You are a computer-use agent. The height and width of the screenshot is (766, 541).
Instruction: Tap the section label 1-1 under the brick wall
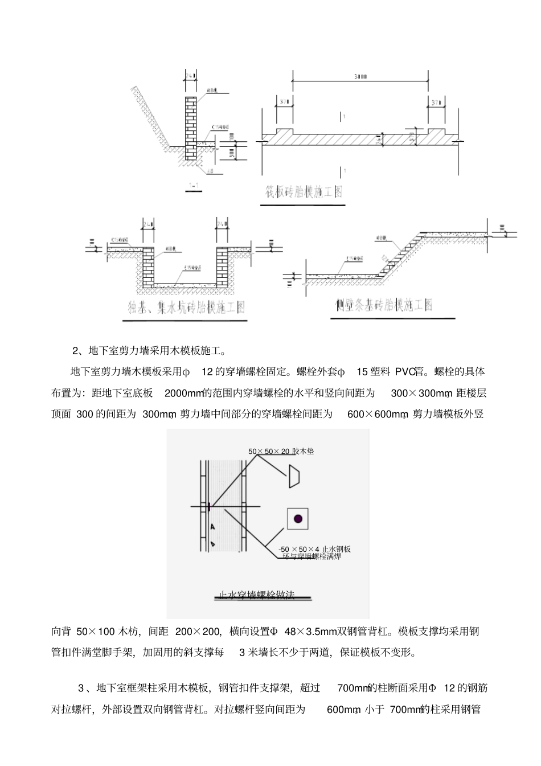194,186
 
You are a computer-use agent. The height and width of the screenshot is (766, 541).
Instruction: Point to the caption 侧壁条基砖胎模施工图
384,305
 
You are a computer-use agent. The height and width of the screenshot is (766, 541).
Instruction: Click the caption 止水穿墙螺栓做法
257,595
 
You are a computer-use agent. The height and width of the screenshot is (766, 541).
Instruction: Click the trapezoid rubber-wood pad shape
295,476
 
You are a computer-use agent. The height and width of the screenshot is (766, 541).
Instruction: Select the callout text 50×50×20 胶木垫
281,451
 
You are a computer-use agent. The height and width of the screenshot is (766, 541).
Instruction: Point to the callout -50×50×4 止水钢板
314,549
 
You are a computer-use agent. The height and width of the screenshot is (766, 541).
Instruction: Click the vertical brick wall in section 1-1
190,131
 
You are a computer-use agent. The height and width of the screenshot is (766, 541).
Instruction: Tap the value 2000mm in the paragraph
184,394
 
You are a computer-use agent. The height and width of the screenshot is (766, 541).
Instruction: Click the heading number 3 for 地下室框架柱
80,688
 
